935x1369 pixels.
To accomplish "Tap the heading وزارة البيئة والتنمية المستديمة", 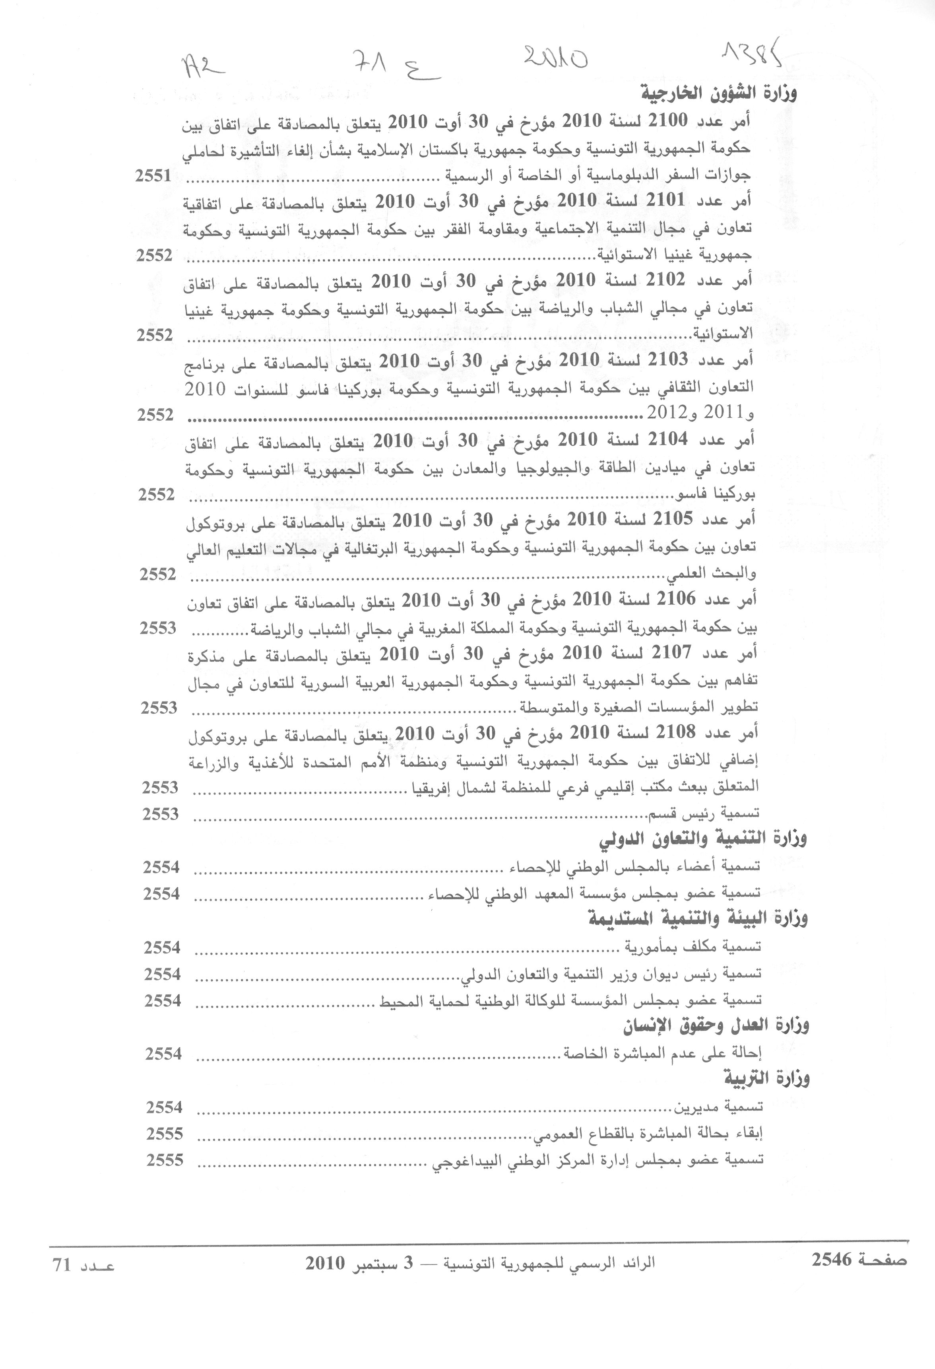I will [698, 919].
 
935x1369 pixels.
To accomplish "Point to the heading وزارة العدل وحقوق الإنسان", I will [716, 1026].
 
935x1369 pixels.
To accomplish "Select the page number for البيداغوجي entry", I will [165, 1160].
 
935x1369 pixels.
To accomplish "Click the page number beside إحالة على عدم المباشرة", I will [164, 1053].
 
